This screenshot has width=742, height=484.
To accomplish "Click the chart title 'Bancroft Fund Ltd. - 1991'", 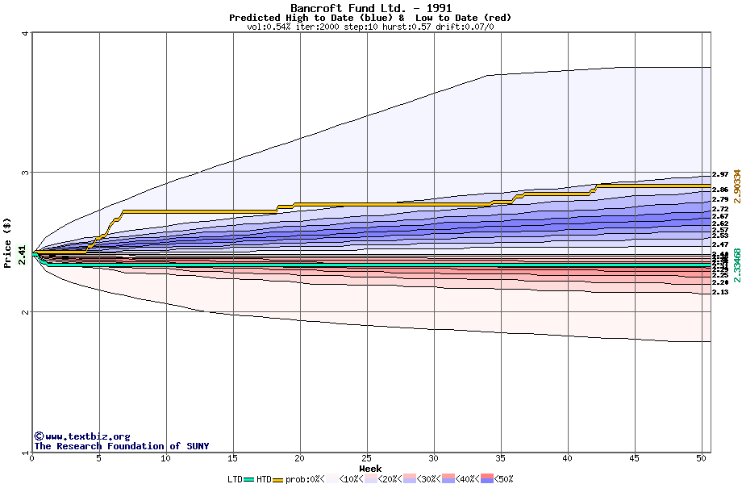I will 370,8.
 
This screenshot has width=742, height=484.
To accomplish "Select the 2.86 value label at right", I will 720,190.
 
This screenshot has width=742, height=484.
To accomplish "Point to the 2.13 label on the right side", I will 720,292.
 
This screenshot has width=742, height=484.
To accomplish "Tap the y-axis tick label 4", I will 25,33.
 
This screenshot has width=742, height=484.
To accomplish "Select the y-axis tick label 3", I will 25,173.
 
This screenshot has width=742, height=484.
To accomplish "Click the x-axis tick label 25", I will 367,458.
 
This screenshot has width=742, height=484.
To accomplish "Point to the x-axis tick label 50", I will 702,458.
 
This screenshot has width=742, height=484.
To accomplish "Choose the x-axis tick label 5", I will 99,458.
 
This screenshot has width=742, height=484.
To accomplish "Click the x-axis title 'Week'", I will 370,468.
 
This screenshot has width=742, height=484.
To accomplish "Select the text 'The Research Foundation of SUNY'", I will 121,446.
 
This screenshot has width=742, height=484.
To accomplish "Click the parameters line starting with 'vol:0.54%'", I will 370,27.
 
